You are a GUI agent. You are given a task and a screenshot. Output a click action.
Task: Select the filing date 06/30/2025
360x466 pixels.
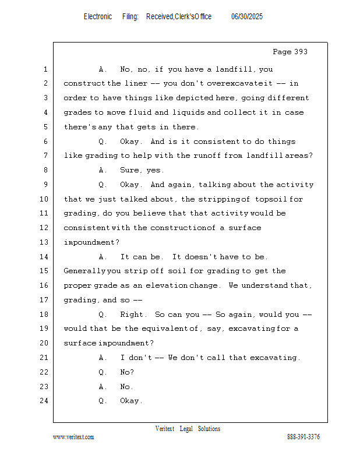[247, 17]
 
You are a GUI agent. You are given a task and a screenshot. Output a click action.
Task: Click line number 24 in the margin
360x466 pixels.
[44, 401]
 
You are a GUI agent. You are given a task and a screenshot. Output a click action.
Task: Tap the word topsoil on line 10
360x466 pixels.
[271, 199]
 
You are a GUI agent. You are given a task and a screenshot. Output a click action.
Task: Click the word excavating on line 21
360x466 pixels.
[274, 358]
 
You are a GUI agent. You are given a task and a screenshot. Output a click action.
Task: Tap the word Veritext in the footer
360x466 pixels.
[165, 429]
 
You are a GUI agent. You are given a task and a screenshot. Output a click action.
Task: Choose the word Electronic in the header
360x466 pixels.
[98, 17]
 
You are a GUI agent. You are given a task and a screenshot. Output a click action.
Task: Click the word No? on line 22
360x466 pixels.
[127, 372]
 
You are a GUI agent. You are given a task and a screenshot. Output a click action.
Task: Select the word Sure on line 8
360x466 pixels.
[130, 170]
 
